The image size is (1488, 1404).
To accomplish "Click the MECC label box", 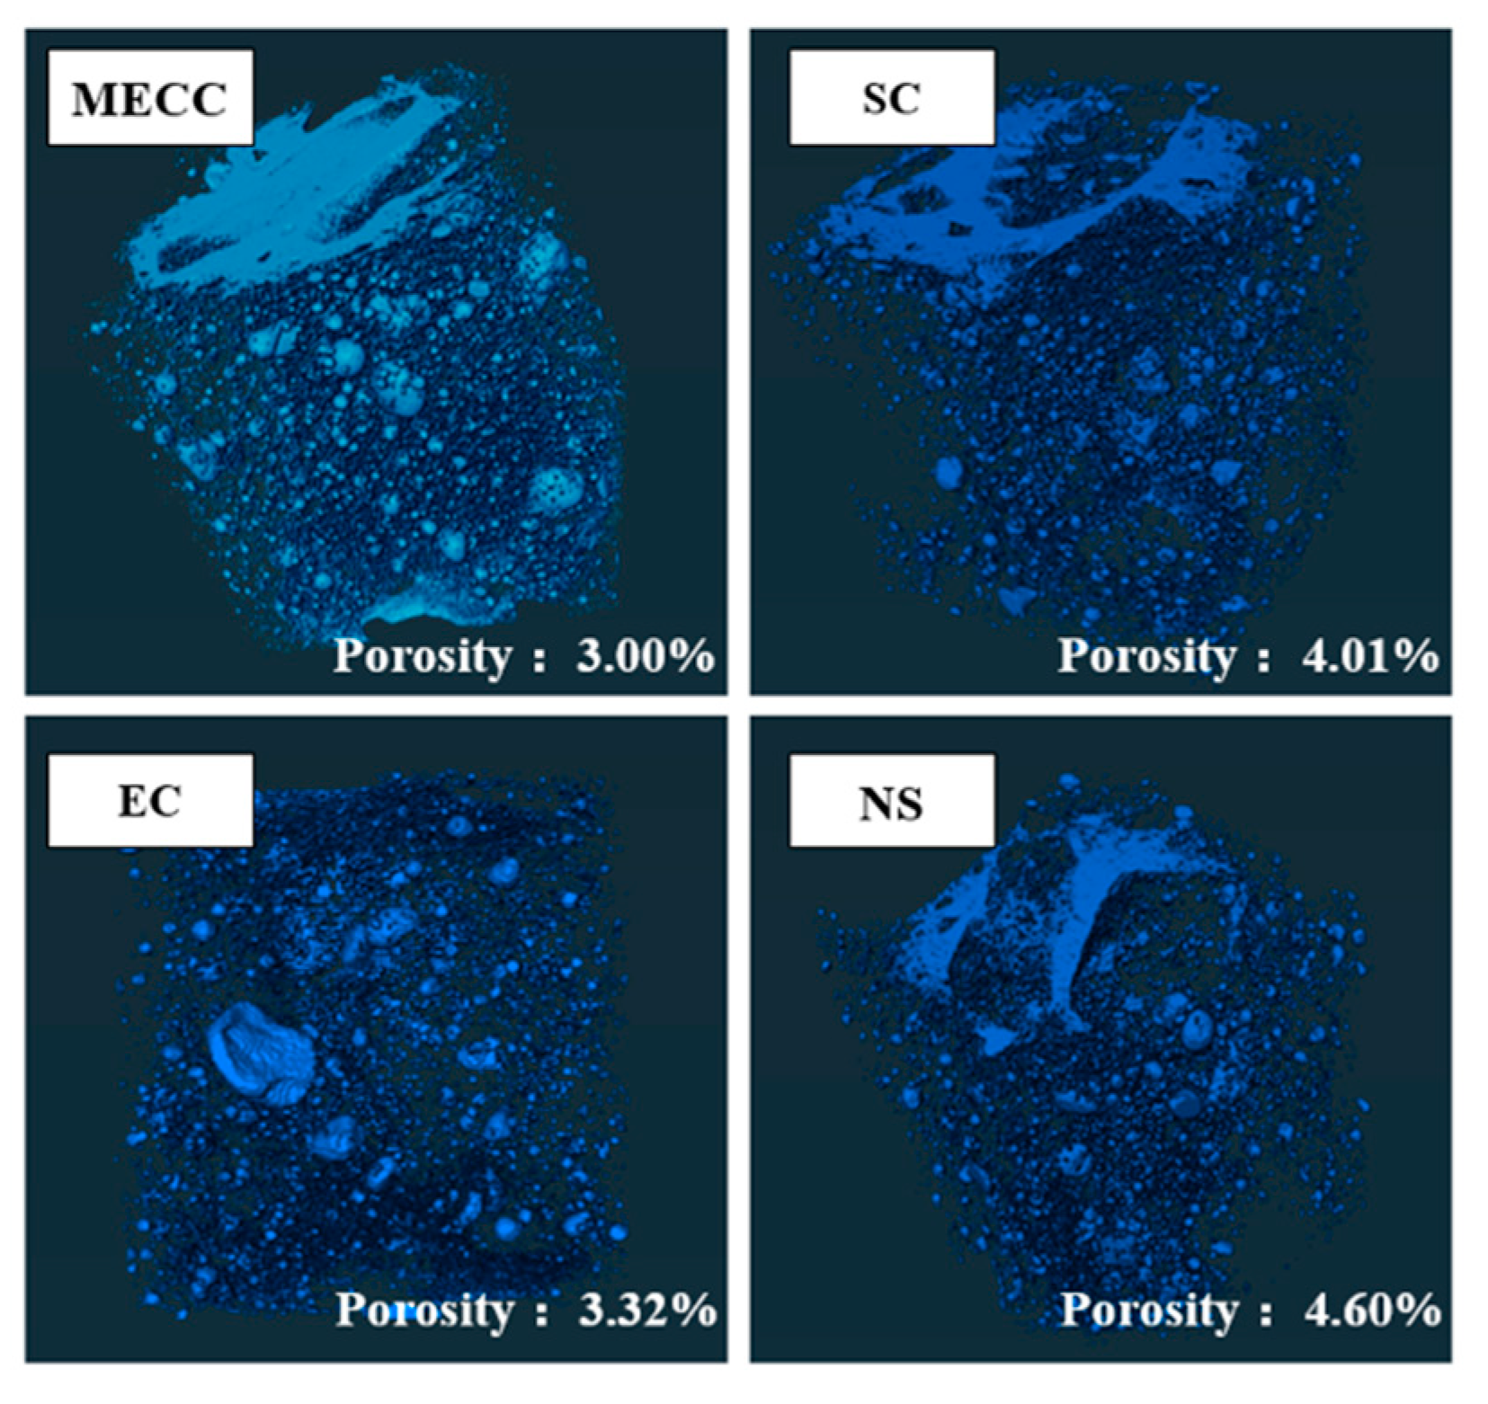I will tap(150, 97).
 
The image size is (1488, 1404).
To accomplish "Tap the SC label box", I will tap(891, 97).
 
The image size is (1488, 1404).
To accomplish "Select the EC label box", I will tap(150, 800).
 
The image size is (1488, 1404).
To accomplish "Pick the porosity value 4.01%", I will tap(1369, 657).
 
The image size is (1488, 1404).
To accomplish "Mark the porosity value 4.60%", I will tap(1372, 1311).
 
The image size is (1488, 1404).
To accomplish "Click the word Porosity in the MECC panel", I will tap(422, 657).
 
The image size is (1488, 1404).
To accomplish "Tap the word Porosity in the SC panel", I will tap(1146, 657).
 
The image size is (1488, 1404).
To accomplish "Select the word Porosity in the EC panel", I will tap(423, 1311).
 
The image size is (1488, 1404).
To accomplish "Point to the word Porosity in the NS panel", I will tap(1149, 1311).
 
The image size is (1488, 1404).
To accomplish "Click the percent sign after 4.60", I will tap(1420, 1311).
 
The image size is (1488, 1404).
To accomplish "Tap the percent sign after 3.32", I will tap(695, 1311).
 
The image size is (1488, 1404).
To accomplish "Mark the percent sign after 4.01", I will tap(1417, 657).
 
